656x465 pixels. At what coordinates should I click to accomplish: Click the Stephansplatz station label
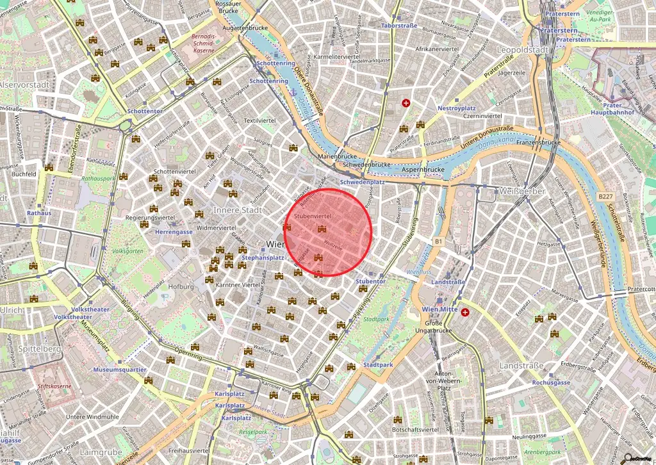pos(262,257)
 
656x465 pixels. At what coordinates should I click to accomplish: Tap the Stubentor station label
pos(370,281)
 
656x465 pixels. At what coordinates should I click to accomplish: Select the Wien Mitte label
pos(439,309)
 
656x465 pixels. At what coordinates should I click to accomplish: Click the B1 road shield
pos(439,241)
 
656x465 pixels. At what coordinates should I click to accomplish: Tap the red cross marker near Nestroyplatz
pos(406,103)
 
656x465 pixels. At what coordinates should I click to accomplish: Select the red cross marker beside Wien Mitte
pos(465,313)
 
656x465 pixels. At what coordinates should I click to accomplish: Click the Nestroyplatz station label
pos(456,108)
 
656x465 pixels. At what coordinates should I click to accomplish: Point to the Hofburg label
pos(181,286)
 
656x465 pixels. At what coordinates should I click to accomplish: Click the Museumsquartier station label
pos(120,370)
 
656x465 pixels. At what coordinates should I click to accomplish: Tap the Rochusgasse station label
pos(550,382)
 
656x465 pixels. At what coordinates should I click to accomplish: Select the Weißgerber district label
pos(522,191)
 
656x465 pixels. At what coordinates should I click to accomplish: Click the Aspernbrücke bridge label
pos(423,169)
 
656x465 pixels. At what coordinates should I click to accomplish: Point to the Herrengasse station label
pos(175,232)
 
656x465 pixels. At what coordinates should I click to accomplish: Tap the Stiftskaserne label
pos(53,387)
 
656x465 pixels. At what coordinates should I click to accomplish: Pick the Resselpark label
pos(252,432)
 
